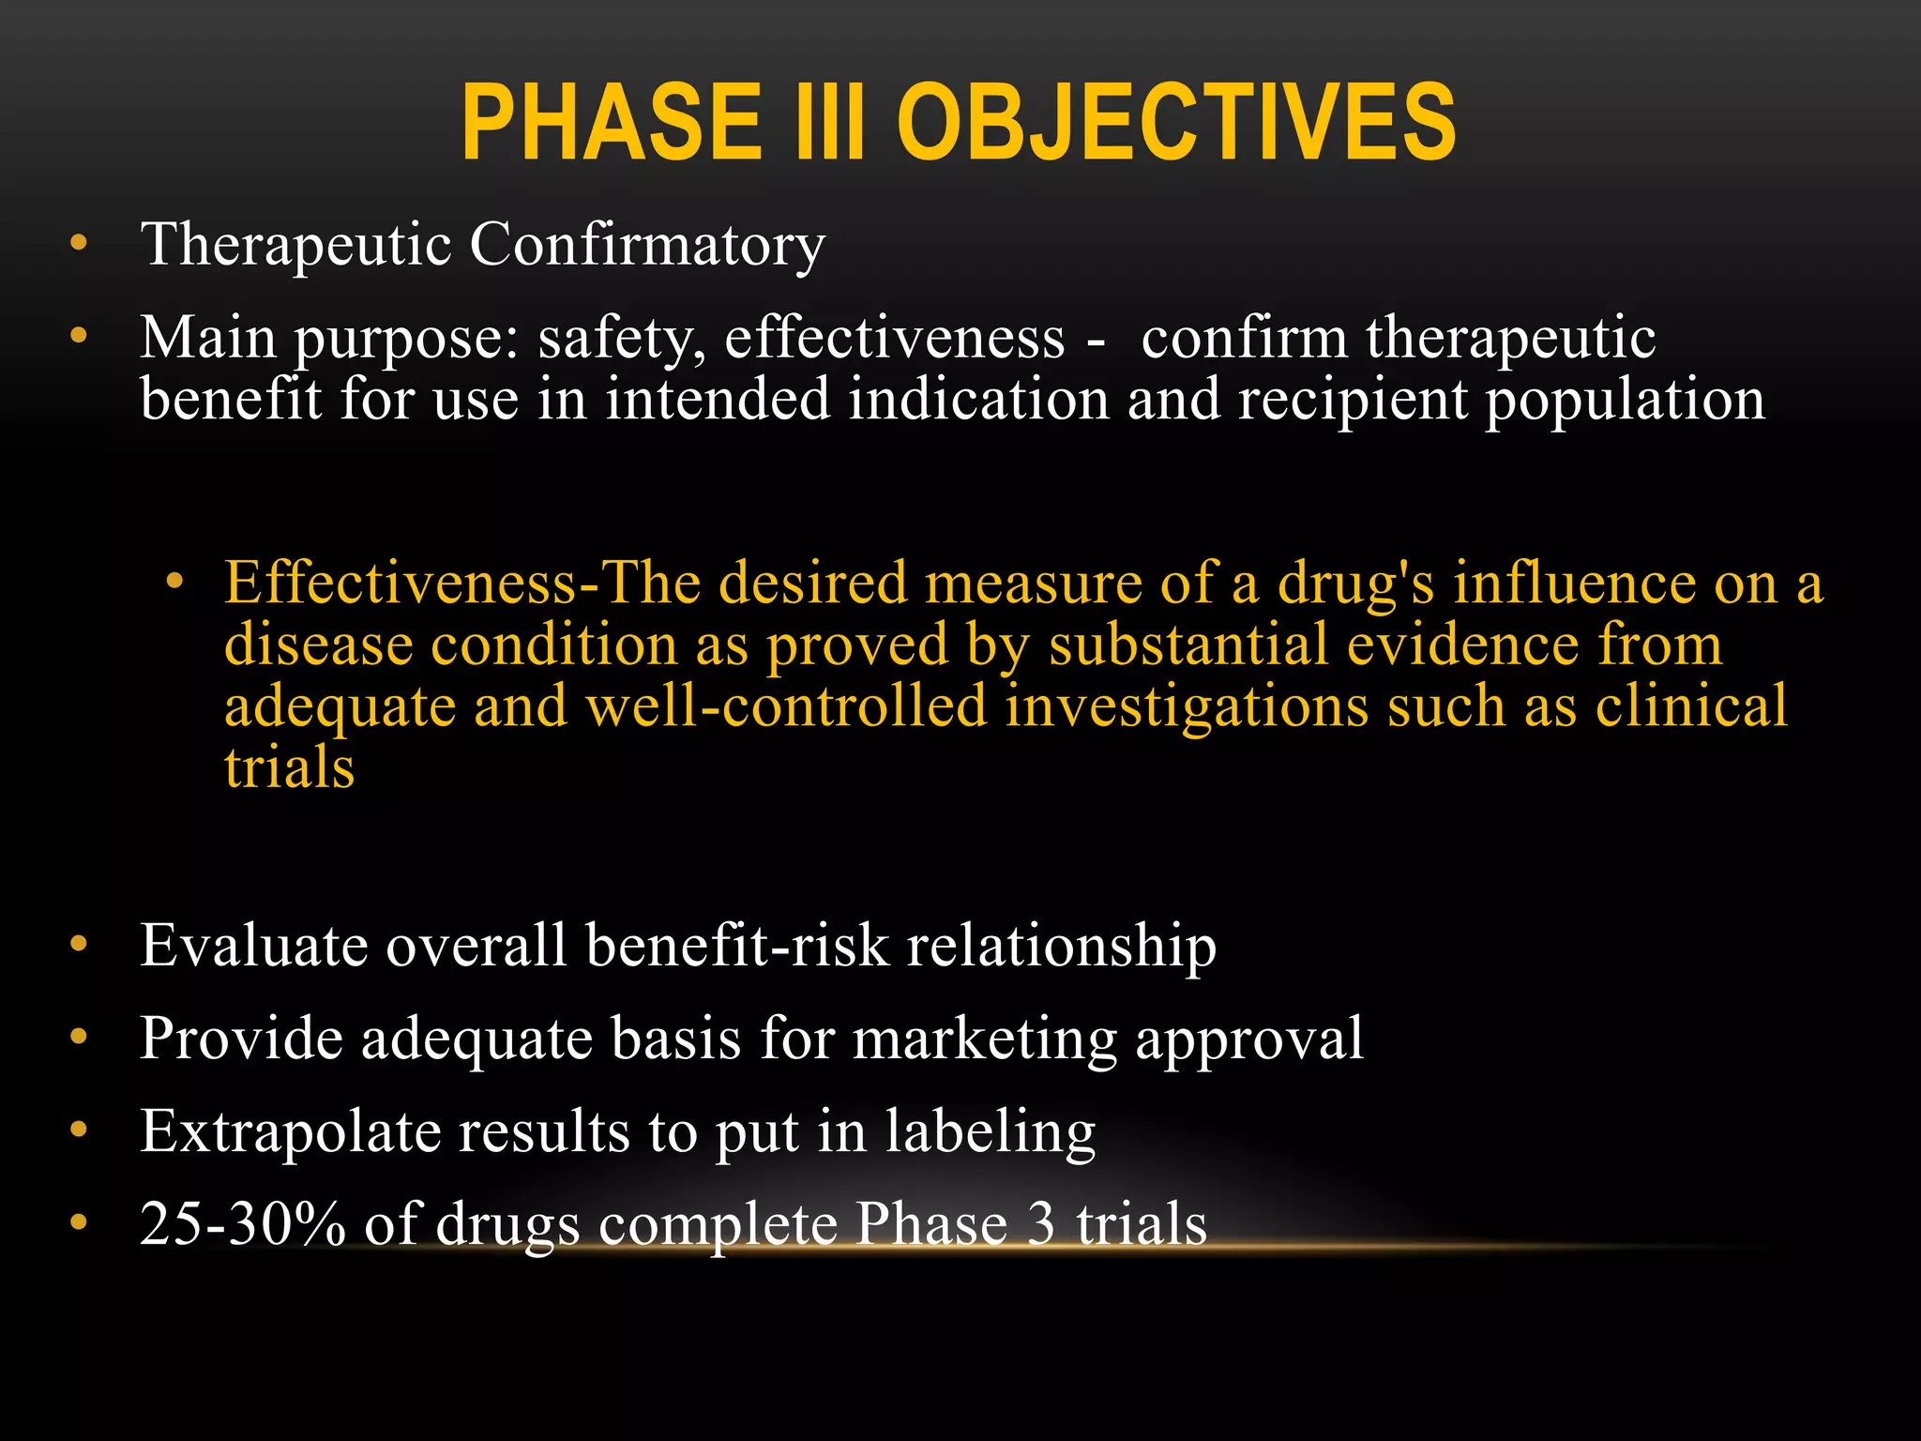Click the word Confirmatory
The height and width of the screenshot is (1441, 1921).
click(x=647, y=246)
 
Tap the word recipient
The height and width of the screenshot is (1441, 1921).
click(x=1352, y=401)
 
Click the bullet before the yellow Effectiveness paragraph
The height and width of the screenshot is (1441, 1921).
click(x=174, y=583)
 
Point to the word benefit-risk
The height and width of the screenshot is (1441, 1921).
click(x=736, y=945)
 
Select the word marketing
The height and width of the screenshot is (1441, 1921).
click(x=985, y=1039)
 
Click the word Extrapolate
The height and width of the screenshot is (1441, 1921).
click(x=291, y=1132)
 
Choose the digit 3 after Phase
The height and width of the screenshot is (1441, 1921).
click(x=1040, y=1225)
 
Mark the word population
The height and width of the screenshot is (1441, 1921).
click(x=1625, y=401)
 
